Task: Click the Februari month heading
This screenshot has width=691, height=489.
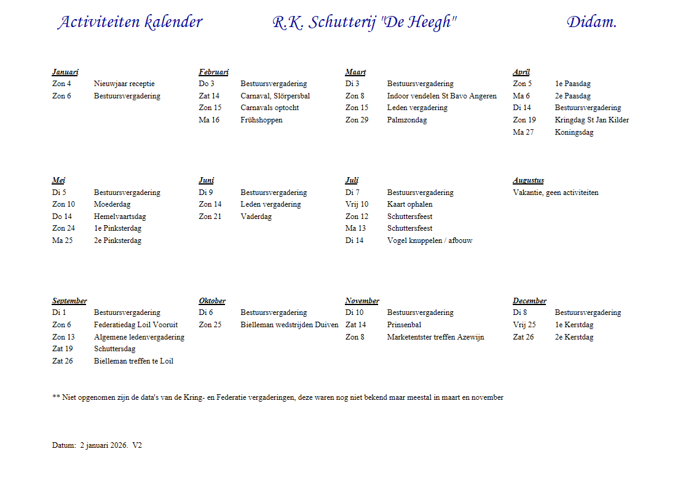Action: pyautogui.click(x=213, y=72)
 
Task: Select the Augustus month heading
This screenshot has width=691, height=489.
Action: pyautogui.click(x=528, y=181)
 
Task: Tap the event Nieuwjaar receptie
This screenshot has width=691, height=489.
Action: pyautogui.click(x=124, y=84)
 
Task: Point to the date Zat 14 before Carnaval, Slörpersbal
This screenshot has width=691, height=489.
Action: pyautogui.click(x=209, y=96)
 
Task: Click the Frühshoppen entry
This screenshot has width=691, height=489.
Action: pyautogui.click(x=261, y=120)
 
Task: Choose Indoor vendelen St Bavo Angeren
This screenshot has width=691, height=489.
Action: pyautogui.click(x=441, y=96)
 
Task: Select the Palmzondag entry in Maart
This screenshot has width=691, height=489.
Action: pyautogui.click(x=406, y=120)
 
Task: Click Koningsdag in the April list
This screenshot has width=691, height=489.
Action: pyautogui.click(x=574, y=132)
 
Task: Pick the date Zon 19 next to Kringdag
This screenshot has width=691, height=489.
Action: pyautogui.click(x=524, y=120)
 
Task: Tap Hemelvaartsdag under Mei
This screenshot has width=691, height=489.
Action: pyautogui.click(x=120, y=217)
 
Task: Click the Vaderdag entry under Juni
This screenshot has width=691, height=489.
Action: pyautogui.click(x=256, y=217)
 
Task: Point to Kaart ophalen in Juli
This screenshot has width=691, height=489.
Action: pyautogui.click(x=409, y=204)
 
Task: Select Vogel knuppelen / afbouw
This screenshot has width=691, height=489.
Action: pyautogui.click(x=429, y=241)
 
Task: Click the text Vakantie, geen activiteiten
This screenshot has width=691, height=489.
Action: pyautogui.click(x=555, y=193)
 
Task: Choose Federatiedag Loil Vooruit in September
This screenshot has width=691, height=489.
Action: pyautogui.click(x=136, y=325)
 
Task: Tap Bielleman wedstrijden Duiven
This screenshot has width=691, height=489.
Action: pyautogui.click(x=289, y=325)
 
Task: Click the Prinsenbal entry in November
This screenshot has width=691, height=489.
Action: pyautogui.click(x=404, y=325)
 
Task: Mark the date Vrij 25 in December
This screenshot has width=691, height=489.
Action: pyautogui.click(x=524, y=325)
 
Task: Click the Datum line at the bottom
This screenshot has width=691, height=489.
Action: pyautogui.click(x=97, y=445)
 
